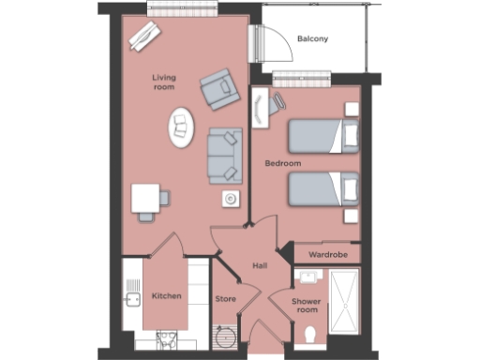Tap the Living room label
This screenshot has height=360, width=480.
pyautogui.click(x=165, y=82)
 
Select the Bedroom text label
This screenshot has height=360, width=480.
pyautogui.click(x=282, y=163)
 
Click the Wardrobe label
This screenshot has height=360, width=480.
pyautogui.click(x=329, y=254)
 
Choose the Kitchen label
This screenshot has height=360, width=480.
pyautogui.click(x=167, y=296)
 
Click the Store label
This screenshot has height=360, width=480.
pyautogui.click(x=226, y=299)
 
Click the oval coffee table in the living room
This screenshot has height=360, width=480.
pyautogui.click(x=180, y=127)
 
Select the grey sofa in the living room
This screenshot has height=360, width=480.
pyautogui.click(x=224, y=154)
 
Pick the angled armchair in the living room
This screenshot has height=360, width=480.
pyautogui.click(x=218, y=90)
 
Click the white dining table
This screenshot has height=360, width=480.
pyautogui.click(x=146, y=199)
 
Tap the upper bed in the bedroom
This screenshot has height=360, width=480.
pyautogui.click(x=322, y=137)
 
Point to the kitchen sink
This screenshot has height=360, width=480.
pyautogui.click(x=131, y=300)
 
